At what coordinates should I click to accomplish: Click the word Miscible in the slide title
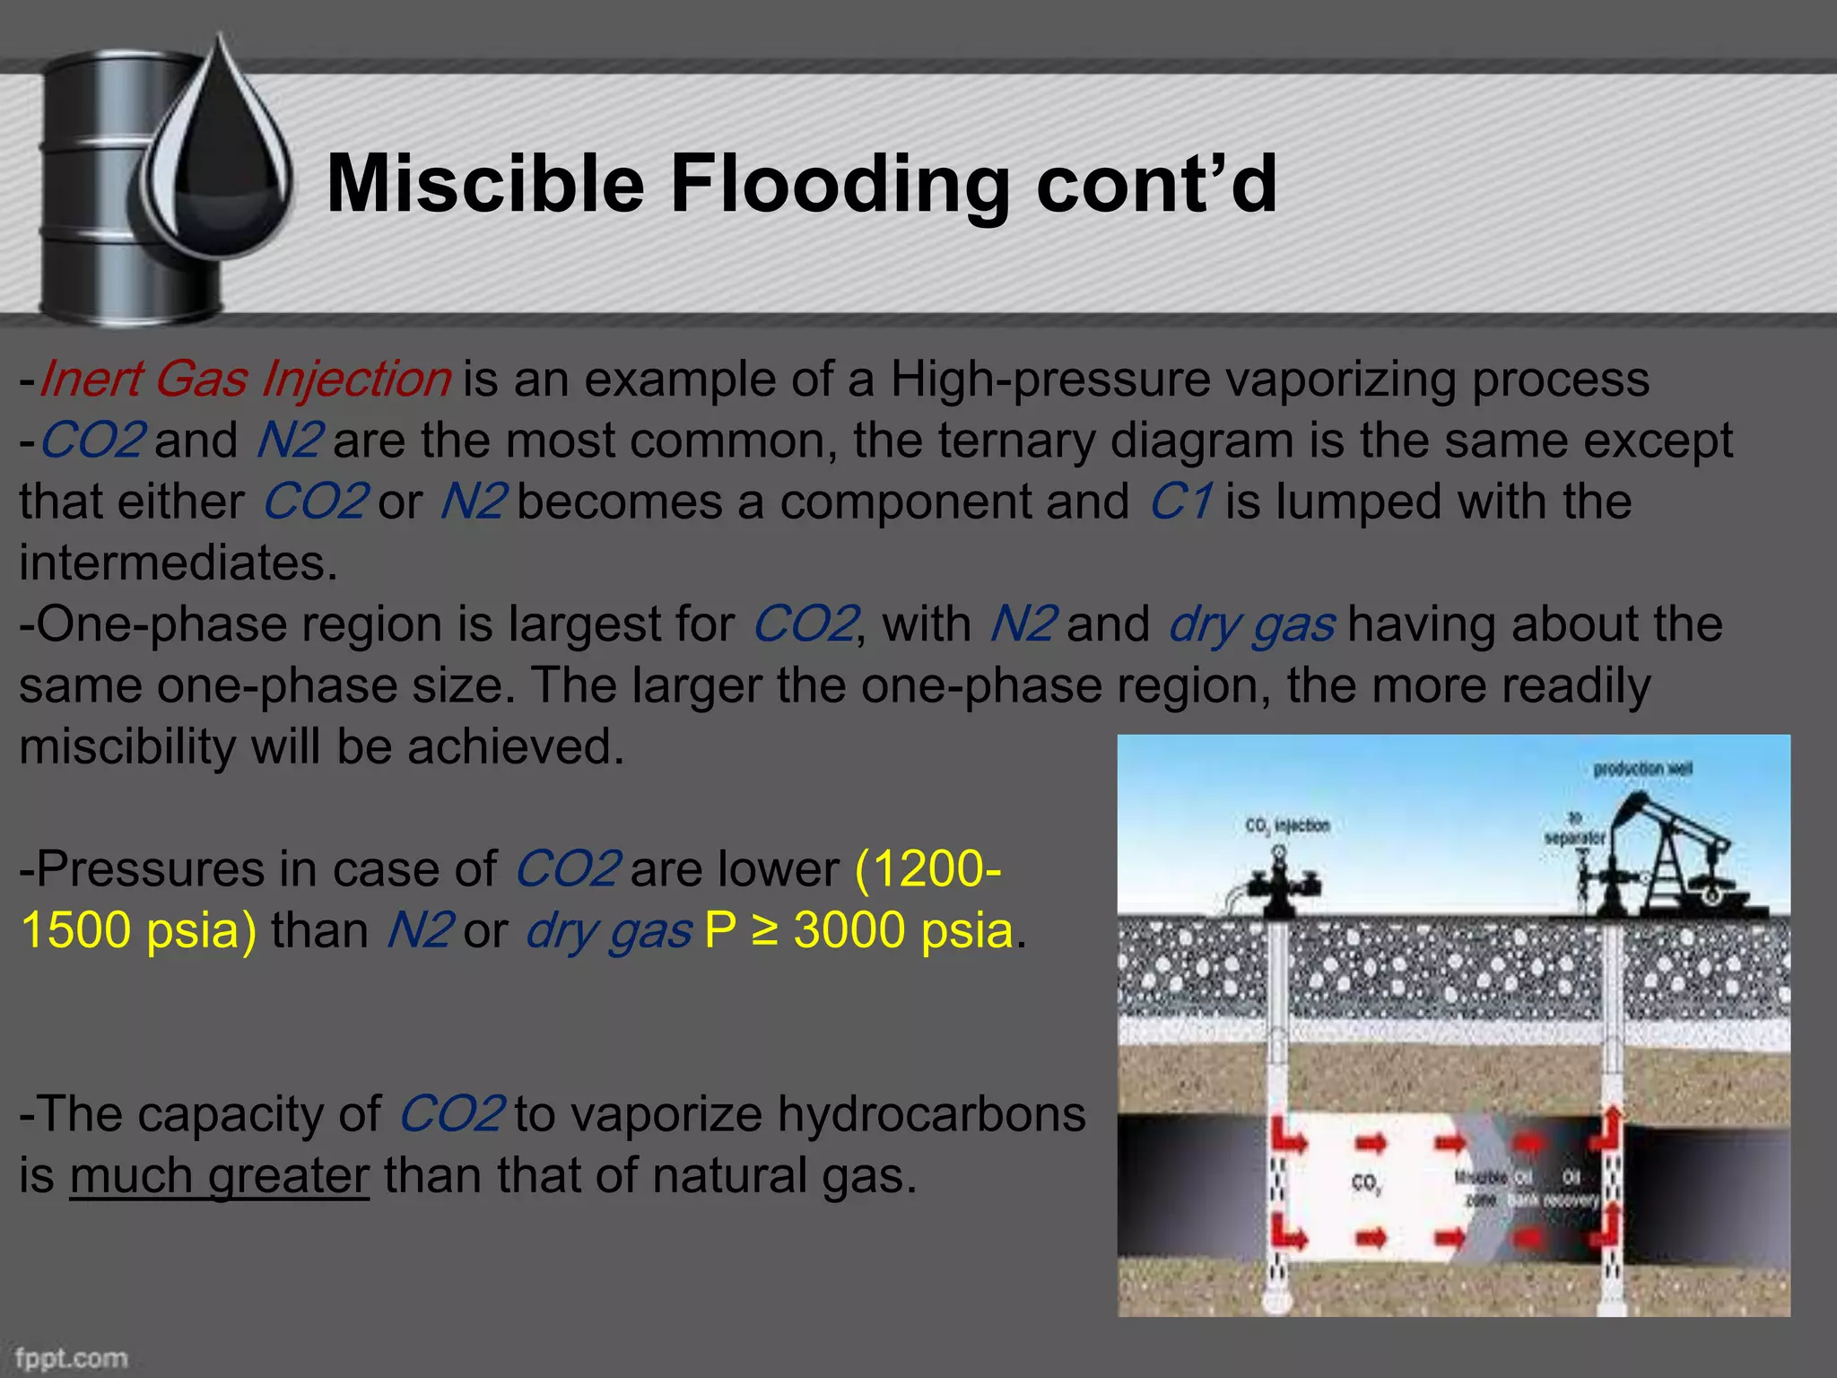click(x=485, y=185)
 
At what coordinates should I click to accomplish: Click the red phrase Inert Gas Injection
click(x=245, y=379)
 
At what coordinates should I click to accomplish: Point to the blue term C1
click(x=1181, y=501)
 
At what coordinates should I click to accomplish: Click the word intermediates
click(x=178, y=563)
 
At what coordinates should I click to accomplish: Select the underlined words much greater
click(x=220, y=1175)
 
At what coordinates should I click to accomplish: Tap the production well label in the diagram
click(x=1641, y=769)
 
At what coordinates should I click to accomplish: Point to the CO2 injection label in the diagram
click(x=1287, y=825)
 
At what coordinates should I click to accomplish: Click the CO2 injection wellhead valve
click(x=1280, y=884)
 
